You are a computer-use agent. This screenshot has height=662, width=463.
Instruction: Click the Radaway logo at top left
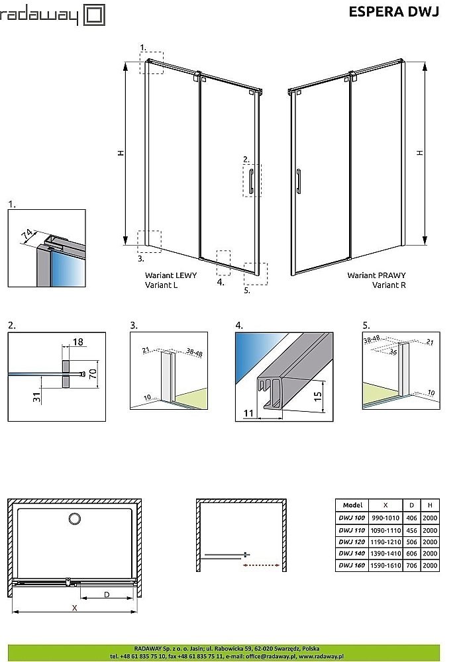click(x=50, y=15)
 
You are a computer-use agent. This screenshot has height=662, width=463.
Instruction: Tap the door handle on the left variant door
click(x=252, y=180)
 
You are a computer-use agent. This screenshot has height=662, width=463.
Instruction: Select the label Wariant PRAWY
click(x=376, y=275)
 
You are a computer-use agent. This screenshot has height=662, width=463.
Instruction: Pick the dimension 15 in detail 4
click(x=318, y=396)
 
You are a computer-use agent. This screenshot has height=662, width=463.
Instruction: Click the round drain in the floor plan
click(x=75, y=520)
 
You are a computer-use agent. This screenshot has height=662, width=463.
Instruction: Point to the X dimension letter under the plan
click(x=74, y=608)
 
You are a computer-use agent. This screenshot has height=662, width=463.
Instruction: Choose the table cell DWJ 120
click(x=349, y=541)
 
